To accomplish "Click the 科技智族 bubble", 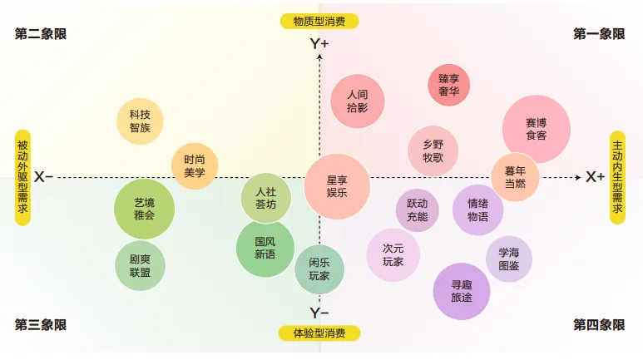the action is [x=140, y=121].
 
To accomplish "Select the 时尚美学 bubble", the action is [x=194, y=166].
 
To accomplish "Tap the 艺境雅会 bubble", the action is [x=144, y=209].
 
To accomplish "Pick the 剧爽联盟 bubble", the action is [x=140, y=266].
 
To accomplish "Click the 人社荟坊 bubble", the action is [x=265, y=198].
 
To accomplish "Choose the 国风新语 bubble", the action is [x=265, y=248].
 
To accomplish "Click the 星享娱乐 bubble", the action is [x=337, y=185].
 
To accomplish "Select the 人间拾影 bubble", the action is [x=357, y=101].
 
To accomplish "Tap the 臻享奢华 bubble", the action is [x=448, y=85].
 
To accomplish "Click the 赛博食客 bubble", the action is [x=536, y=129].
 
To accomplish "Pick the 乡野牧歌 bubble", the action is [x=433, y=150].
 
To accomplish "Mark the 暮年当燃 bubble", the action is [x=515, y=177].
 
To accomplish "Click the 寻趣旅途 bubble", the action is [x=462, y=290].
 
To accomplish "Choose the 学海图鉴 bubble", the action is [x=508, y=259].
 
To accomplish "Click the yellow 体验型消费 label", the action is [x=319, y=333].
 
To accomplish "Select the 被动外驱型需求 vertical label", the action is [x=22, y=177].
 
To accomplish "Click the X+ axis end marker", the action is [x=595, y=177].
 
